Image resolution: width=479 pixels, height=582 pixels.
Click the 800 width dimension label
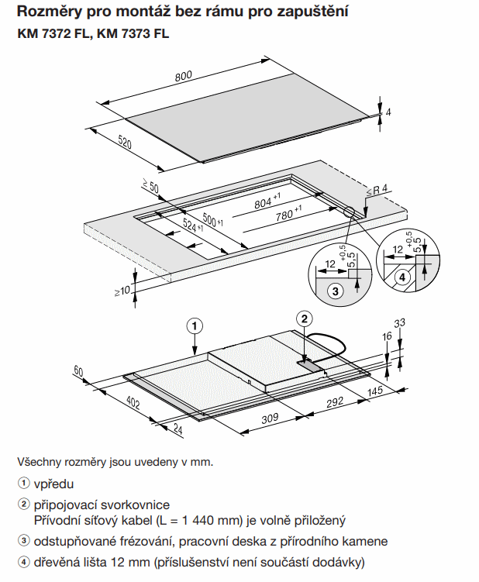point(183,76)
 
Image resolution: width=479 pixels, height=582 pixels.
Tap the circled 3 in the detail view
point(335,291)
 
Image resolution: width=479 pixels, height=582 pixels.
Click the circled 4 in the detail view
point(401,277)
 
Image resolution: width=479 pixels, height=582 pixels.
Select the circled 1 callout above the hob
point(195,325)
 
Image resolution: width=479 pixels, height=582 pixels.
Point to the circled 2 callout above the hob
point(305,319)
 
